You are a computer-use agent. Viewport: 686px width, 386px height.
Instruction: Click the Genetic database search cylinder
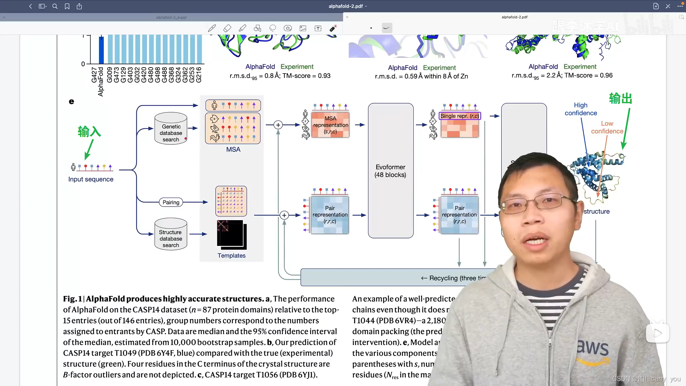point(171,129)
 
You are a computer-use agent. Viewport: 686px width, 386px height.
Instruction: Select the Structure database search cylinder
point(171,234)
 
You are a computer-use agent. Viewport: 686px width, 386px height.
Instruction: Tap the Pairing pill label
point(171,202)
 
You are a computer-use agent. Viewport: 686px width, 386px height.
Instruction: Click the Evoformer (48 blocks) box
point(391,171)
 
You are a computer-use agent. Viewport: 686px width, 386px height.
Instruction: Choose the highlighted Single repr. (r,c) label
point(459,116)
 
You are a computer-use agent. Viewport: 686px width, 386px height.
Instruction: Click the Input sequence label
point(91,179)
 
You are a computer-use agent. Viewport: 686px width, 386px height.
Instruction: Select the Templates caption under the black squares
point(232,256)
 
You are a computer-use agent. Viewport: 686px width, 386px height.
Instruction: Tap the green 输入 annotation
point(89,132)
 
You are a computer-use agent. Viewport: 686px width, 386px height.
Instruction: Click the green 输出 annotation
point(621,98)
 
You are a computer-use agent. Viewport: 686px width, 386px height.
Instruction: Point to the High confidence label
point(581,109)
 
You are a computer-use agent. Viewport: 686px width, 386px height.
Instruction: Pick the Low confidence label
point(607,127)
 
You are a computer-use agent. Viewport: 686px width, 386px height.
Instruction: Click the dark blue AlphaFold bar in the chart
point(101,50)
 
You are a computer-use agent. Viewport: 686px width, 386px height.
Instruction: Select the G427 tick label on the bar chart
point(94,75)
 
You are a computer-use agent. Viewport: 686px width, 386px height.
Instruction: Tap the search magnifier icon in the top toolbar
point(55,6)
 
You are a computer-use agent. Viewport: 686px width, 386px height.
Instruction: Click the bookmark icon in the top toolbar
point(67,6)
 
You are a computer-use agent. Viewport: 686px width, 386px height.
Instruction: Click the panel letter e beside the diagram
point(71,102)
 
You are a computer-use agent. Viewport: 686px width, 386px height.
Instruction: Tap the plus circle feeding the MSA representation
point(278,125)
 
